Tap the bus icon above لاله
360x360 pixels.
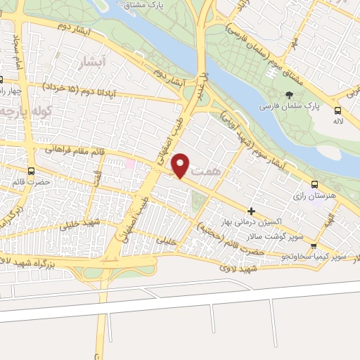[338, 110]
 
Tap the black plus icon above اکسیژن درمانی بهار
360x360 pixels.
[252, 210]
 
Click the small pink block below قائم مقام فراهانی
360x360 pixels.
[129, 164]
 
